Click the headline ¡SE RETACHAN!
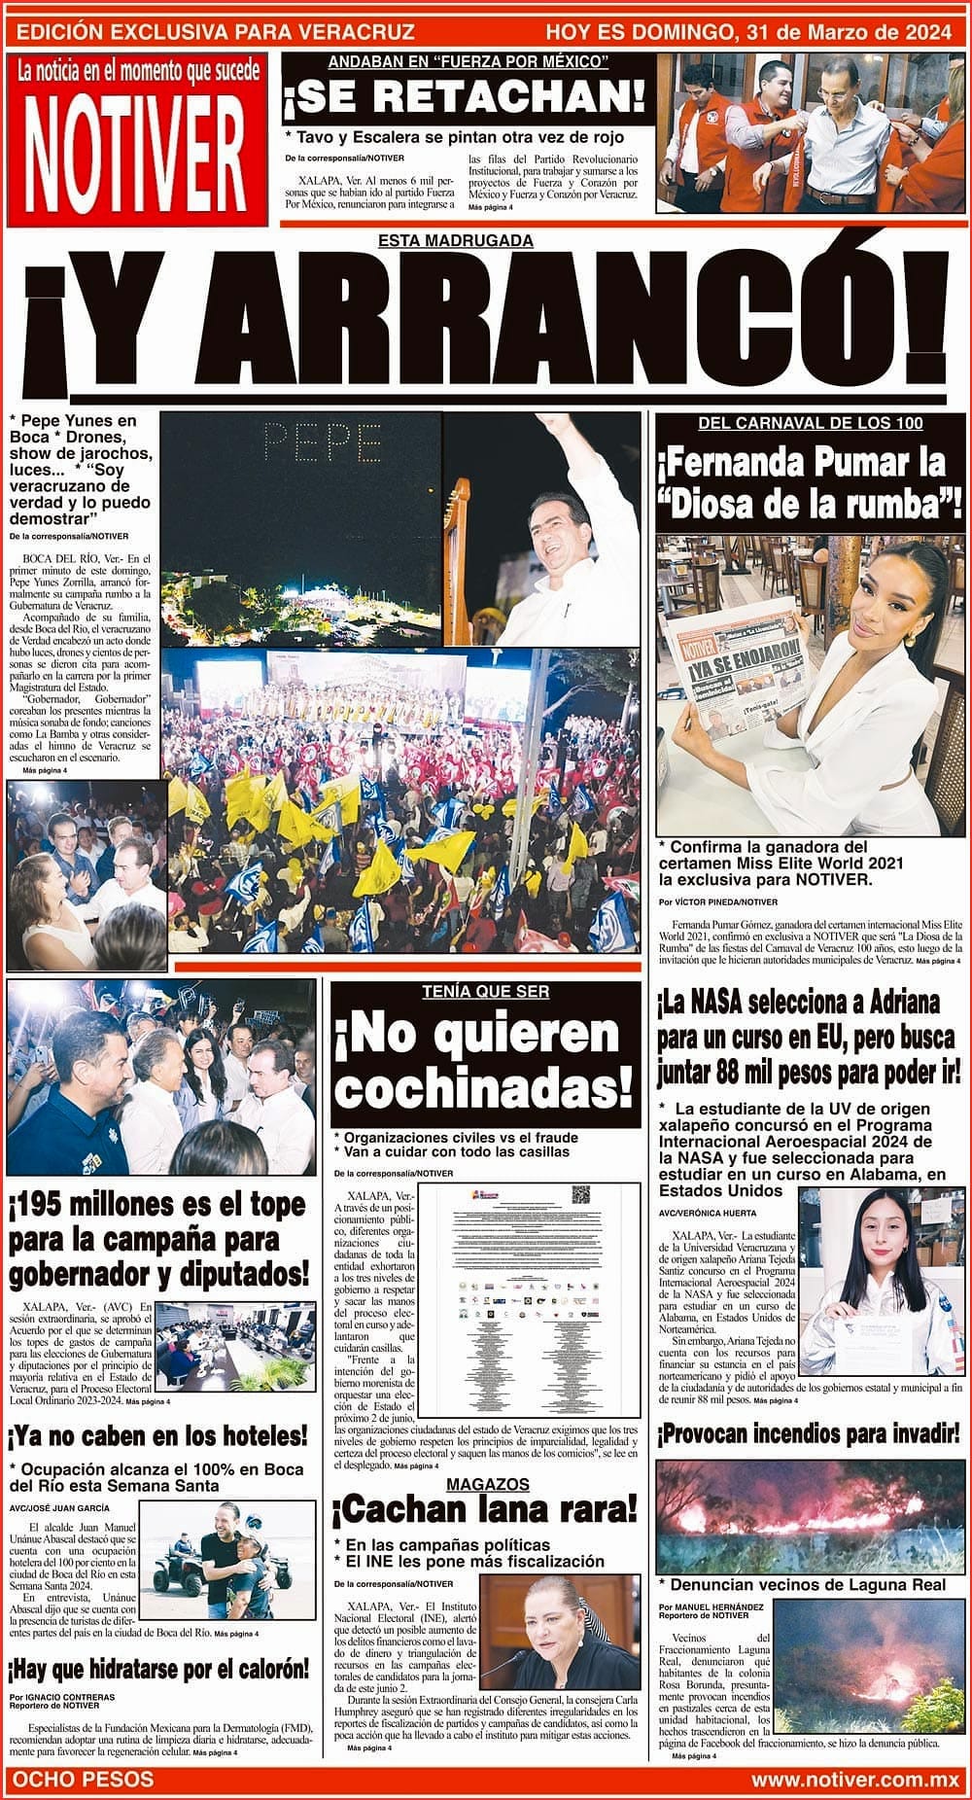[x=465, y=96]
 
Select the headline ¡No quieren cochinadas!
[x=484, y=1062]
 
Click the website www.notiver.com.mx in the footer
[x=854, y=1779]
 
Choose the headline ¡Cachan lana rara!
[x=484, y=1510]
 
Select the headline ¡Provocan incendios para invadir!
[x=808, y=1433]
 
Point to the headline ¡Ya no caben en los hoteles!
[x=157, y=1435]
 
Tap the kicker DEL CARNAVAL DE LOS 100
[x=811, y=423]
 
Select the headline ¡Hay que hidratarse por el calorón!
[x=158, y=1670]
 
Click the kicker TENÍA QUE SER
[x=485, y=992]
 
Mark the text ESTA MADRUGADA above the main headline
[x=456, y=240]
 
